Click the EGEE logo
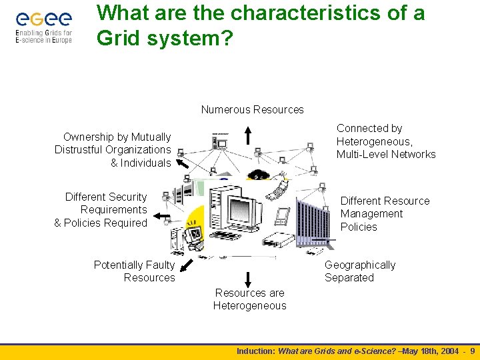[x=43, y=27]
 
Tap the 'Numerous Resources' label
[x=252, y=109]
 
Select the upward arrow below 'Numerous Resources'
[x=247, y=135]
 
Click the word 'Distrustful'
[x=83, y=150]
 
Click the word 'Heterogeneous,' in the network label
[x=374, y=141]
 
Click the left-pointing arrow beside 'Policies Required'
[x=161, y=217]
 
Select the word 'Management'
[x=371, y=214]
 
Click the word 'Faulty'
[x=159, y=265]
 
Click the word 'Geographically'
[x=360, y=265]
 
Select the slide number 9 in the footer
[x=473, y=351]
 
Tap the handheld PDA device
[x=282, y=215]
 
